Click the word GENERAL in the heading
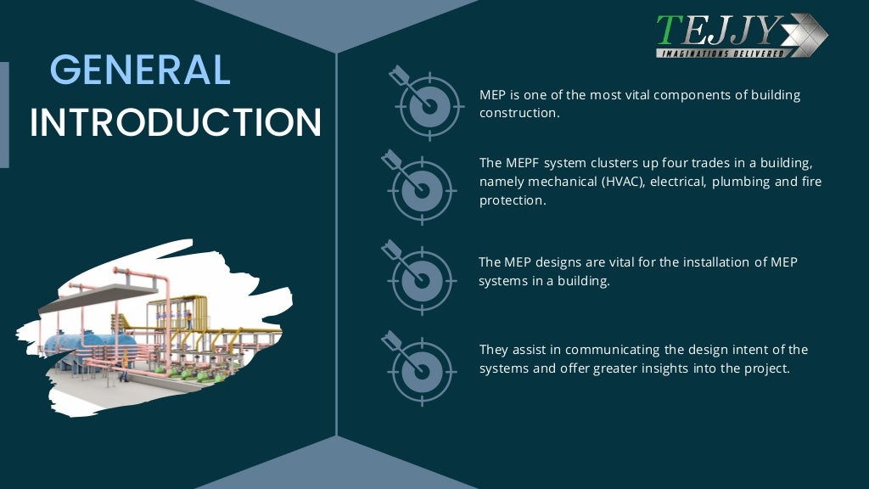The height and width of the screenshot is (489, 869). pos(140,70)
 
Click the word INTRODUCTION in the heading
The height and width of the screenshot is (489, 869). pos(176,123)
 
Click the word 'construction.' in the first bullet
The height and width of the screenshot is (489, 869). pos(519,113)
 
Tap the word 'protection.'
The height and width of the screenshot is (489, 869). pos(512,200)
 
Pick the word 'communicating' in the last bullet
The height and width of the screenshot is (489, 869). pos(607,349)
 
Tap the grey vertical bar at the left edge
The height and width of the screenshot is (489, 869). pos(4,115)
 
